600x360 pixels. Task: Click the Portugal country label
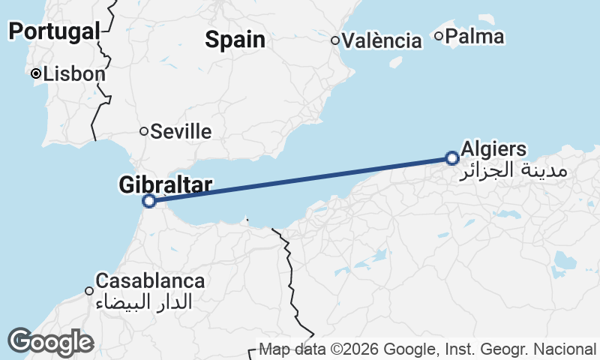coord(55,31)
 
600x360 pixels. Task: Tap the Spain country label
coord(235,40)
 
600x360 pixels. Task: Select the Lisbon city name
coord(74,74)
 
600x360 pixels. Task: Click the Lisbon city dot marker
coord(35,73)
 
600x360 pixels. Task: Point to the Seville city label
coord(181,132)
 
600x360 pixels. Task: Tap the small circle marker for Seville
coord(144,131)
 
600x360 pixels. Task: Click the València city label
coord(382,40)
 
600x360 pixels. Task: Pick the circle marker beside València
coord(336,40)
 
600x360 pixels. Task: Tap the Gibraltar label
coord(166,184)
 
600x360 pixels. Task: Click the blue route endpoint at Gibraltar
coord(149,201)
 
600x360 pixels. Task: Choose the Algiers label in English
coord(494,148)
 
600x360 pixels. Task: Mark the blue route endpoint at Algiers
coord(451,158)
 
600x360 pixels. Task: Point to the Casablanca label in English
coord(151,281)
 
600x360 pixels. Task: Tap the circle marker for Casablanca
coord(89,291)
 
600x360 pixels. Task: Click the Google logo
coord(49,342)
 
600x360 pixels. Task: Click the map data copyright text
coord(427,349)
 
